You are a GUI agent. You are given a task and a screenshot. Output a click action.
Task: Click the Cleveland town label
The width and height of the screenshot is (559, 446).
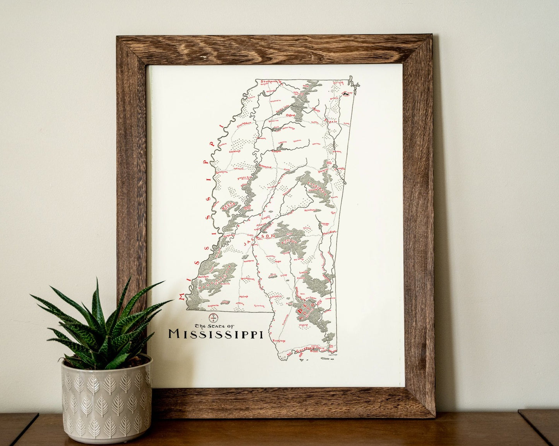pyautogui.click(x=235, y=152)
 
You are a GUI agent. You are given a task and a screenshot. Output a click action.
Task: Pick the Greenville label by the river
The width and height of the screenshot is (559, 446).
pyautogui.click(x=222, y=172)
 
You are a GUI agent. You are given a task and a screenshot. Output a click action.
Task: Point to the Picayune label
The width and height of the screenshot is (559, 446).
pyautogui.click(x=279, y=341)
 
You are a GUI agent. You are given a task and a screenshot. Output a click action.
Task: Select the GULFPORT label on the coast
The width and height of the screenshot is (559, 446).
pyautogui.click(x=304, y=349)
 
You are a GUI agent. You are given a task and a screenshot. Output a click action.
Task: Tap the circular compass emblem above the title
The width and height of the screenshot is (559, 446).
pyautogui.click(x=212, y=318)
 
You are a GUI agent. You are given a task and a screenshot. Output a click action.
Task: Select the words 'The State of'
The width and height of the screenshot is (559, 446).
pyautogui.click(x=211, y=325)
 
